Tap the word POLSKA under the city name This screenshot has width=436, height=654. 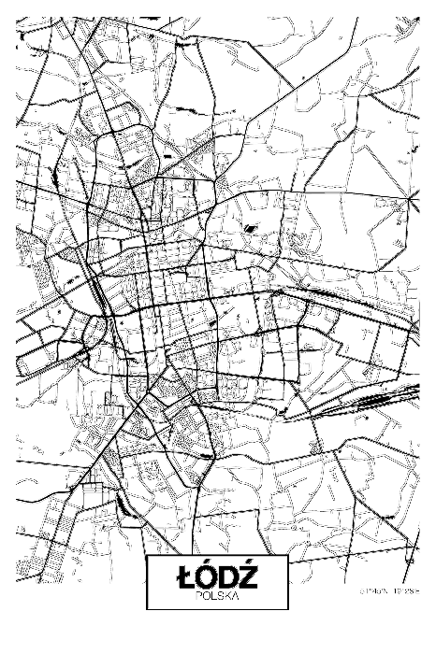(x=217, y=595)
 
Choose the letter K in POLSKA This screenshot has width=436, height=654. (x=226, y=595)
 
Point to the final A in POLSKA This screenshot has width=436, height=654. (x=234, y=595)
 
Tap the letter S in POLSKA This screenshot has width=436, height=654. (x=220, y=595)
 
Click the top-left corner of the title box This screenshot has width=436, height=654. (x=147, y=556)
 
